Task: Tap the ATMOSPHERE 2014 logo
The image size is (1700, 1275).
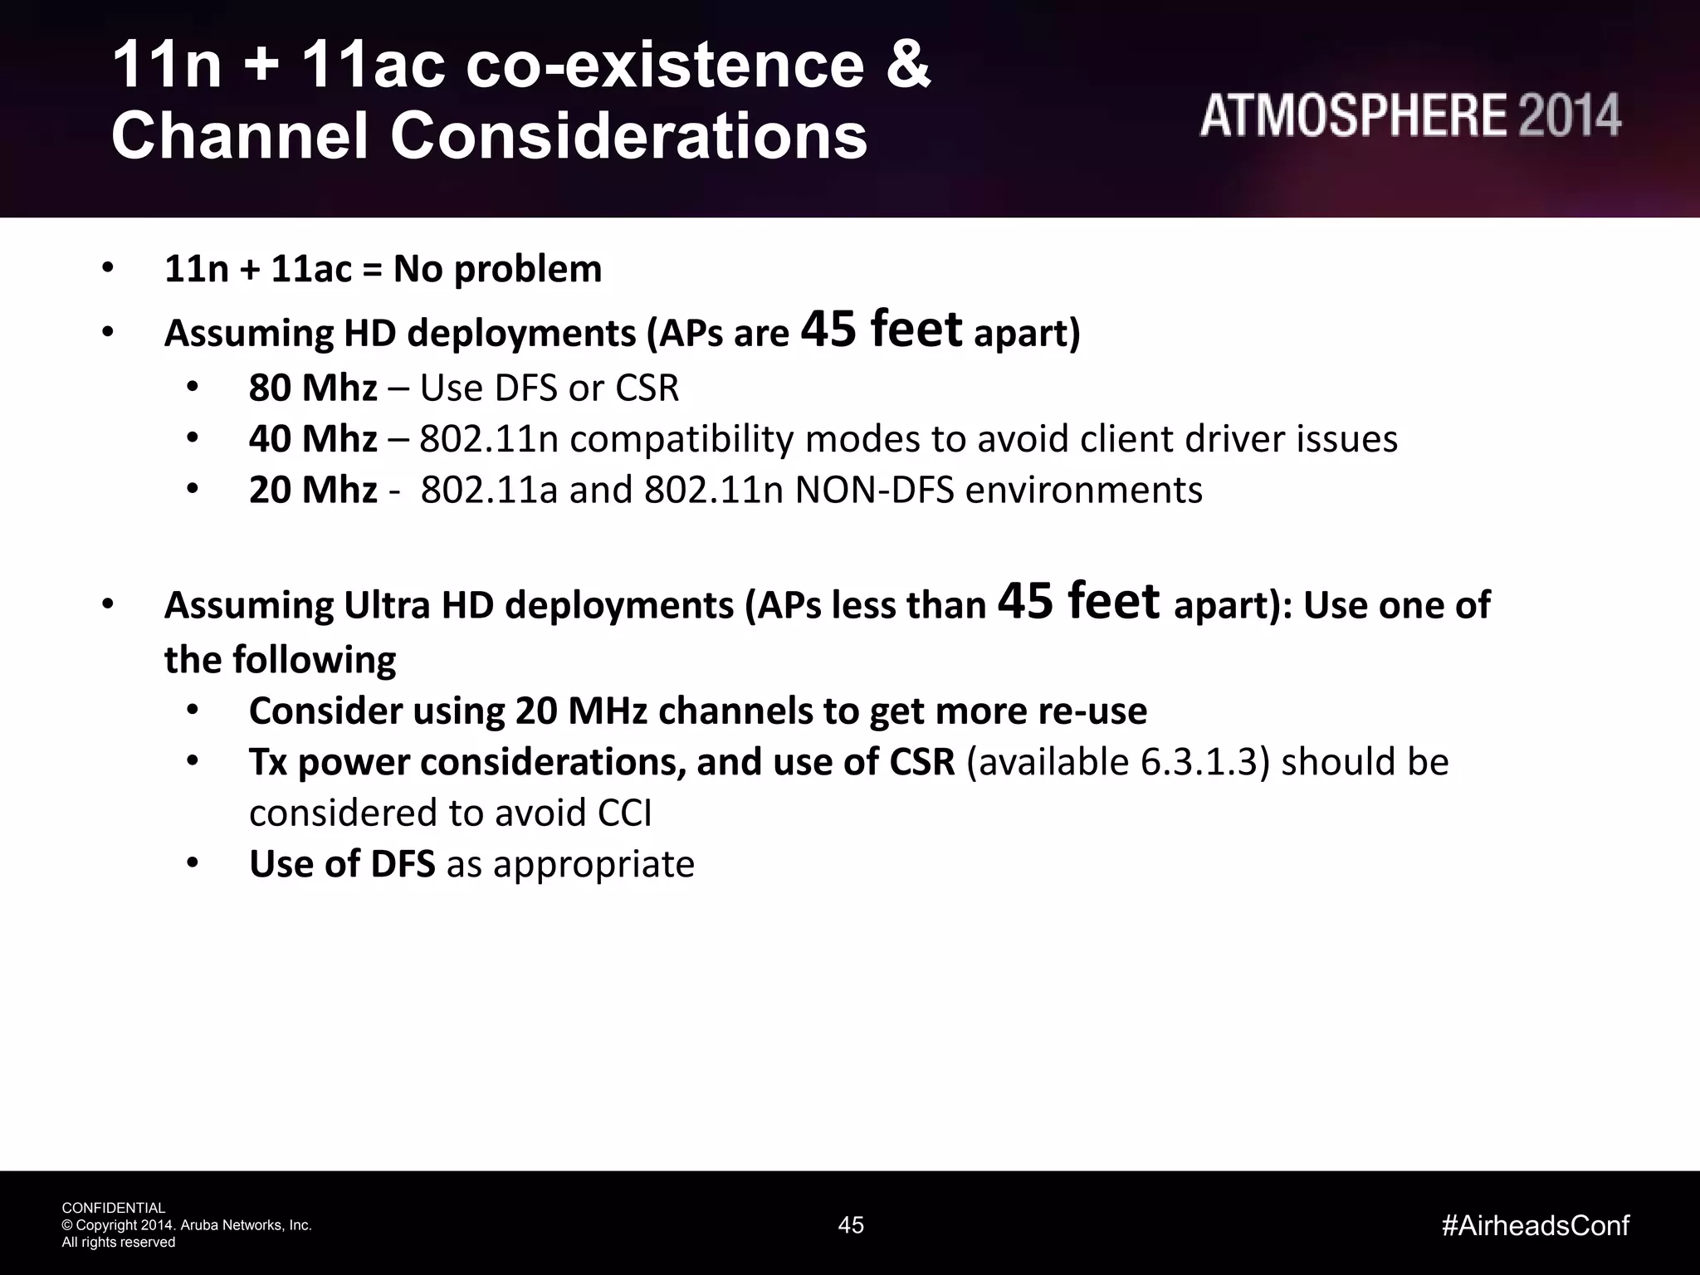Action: [1409, 115]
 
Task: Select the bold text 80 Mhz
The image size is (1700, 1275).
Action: [313, 388]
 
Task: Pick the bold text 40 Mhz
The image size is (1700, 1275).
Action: [313, 439]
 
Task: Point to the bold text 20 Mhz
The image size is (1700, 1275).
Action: [313, 490]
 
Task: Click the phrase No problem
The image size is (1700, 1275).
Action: [498, 269]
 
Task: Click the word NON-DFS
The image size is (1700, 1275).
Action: [874, 490]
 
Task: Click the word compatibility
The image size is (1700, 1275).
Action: [681, 439]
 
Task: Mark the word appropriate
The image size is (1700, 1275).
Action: [594, 864]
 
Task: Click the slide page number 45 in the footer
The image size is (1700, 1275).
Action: [851, 1225]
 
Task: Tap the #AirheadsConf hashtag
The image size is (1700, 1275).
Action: [1536, 1225]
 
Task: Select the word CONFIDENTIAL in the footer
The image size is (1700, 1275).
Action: [114, 1208]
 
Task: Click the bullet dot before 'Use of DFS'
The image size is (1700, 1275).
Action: [193, 863]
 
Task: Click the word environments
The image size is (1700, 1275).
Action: [1083, 490]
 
